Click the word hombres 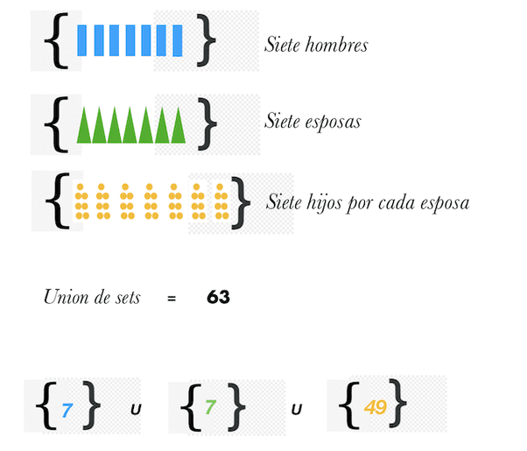(337, 44)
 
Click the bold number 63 (218, 297)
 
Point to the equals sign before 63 (172, 299)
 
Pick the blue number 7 (67, 408)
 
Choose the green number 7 (210, 408)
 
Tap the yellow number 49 (375, 407)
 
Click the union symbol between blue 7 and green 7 (136, 409)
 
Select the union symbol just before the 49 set (297, 409)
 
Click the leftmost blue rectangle (82, 40)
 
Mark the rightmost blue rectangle (178, 40)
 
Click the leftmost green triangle (84, 125)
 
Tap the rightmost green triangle (179, 125)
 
